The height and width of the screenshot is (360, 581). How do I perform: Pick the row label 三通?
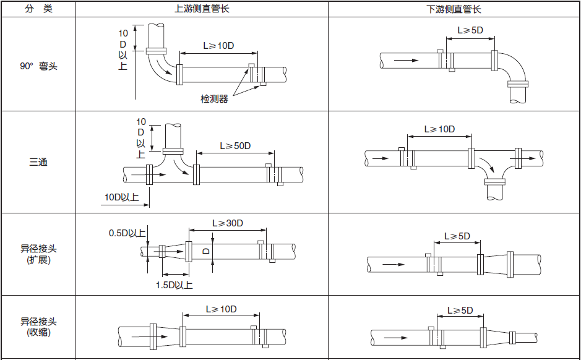click(x=38, y=162)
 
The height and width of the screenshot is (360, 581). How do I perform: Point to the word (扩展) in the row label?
click(x=38, y=260)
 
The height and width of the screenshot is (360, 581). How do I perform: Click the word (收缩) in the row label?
click(x=38, y=332)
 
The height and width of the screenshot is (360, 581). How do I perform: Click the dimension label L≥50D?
click(x=236, y=146)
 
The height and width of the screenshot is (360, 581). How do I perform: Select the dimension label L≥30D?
click(x=228, y=223)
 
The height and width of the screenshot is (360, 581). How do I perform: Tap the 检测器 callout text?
click(x=214, y=98)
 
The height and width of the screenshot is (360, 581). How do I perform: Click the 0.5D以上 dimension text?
click(x=127, y=233)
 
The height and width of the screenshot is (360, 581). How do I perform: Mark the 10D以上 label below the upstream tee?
click(x=121, y=197)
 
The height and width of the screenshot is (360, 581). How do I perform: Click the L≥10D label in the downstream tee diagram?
click(x=439, y=129)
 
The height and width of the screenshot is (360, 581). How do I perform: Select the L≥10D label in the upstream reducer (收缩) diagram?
click(x=222, y=309)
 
